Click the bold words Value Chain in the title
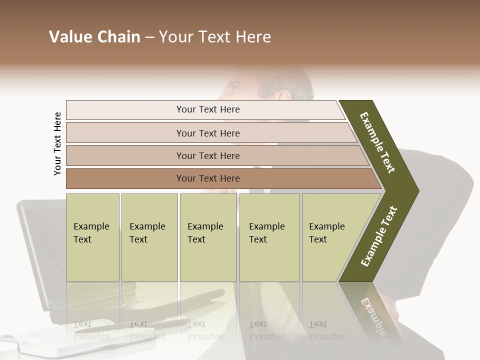click(x=94, y=37)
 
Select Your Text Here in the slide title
click(x=215, y=37)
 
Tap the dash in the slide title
click(x=149, y=37)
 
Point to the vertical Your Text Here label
click(x=57, y=143)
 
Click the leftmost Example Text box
click(x=92, y=237)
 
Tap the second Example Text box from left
click(x=149, y=237)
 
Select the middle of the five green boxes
click(x=208, y=237)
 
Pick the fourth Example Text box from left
click(x=269, y=237)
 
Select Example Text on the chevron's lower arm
click(x=379, y=236)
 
